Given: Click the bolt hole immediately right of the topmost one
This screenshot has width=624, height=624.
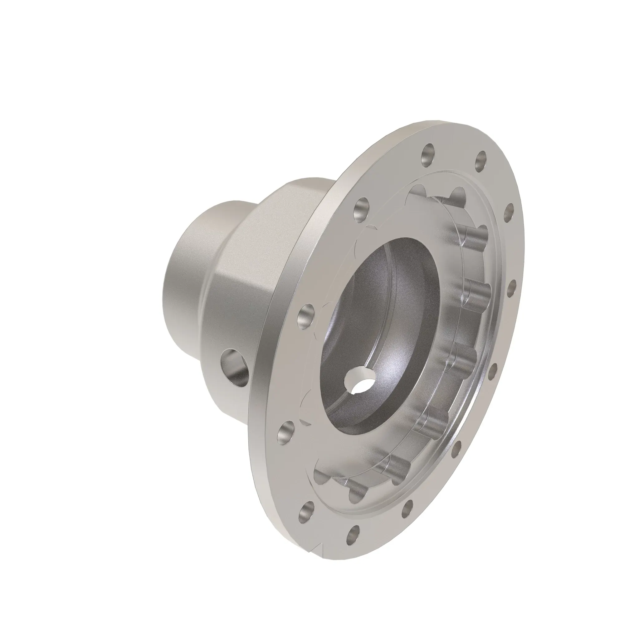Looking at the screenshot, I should (481, 158).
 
